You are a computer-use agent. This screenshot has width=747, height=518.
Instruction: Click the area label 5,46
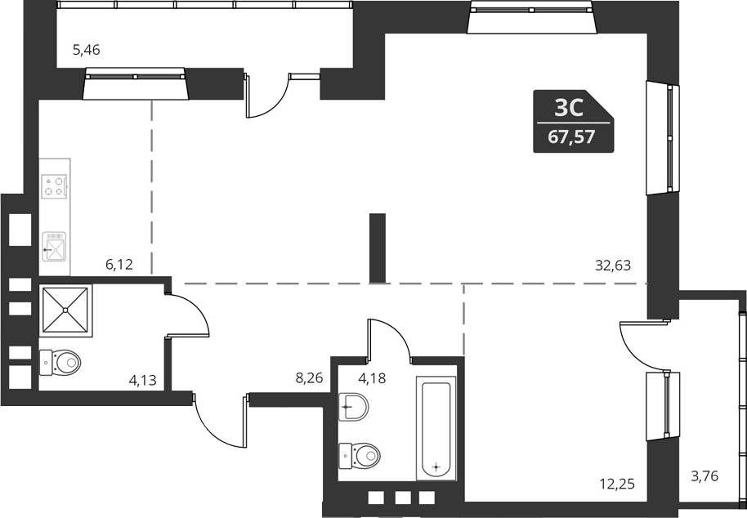pyautogui.click(x=86, y=51)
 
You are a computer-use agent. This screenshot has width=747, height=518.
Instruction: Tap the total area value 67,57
pyautogui.click(x=571, y=138)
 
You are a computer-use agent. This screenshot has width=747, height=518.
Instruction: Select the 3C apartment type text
pyautogui.click(x=569, y=108)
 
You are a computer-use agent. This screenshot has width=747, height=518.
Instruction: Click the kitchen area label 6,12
pyautogui.click(x=119, y=264)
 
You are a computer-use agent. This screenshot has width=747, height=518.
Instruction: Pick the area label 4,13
pyautogui.click(x=142, y=379)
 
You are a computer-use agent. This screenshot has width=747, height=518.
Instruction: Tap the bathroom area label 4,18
pyautogui.click(x=373, y=378)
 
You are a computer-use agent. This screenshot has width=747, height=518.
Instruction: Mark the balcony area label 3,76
pyautogui.click(x=704, y=476)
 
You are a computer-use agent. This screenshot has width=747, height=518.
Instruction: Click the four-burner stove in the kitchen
pyautogui.click(x=55, y=187)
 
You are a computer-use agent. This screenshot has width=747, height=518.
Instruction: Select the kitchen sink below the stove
pyautogui.click(x=56, y=246)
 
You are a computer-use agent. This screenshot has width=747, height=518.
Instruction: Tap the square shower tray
pyautogui.click(x=65, y=310)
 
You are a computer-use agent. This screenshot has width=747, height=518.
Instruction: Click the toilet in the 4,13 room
pyautogui.click(x=60, y=360)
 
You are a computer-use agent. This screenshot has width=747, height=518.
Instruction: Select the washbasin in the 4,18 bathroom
pyautogui.click(x=353, y=406)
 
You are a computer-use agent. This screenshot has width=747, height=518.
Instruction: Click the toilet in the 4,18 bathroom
pyautogui.click(x=360, y=453)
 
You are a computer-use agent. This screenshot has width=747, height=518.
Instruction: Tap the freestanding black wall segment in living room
pyautogui.click(x=377, y=248)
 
